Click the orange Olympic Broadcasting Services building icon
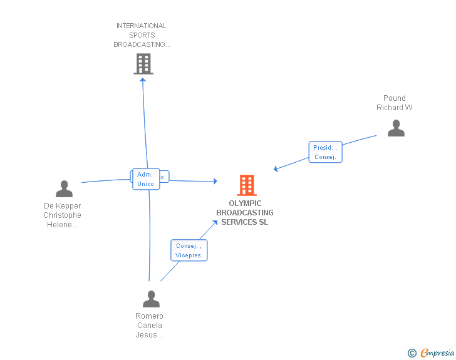pos(247,185)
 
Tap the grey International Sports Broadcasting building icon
pos(143,63)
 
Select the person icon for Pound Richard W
pos(396,128)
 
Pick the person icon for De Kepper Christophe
pos(64,188)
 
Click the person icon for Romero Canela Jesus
pos(151,299)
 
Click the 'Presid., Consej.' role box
pos(326,152)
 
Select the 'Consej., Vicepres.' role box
pos(189,250)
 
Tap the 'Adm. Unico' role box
pos(145,179)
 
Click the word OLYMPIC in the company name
pos(245,203)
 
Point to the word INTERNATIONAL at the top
pos(142,26)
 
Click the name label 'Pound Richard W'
pos(395,103)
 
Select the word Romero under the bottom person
pos(149,316)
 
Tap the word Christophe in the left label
pos(62,215)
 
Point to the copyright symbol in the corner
pos(412,354)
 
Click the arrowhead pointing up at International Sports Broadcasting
pos(142,79)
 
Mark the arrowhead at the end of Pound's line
pos(276,169)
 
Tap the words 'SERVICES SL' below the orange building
pos(244,222)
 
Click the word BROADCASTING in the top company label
pos(142,45)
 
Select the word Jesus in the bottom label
pos(149,335)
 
